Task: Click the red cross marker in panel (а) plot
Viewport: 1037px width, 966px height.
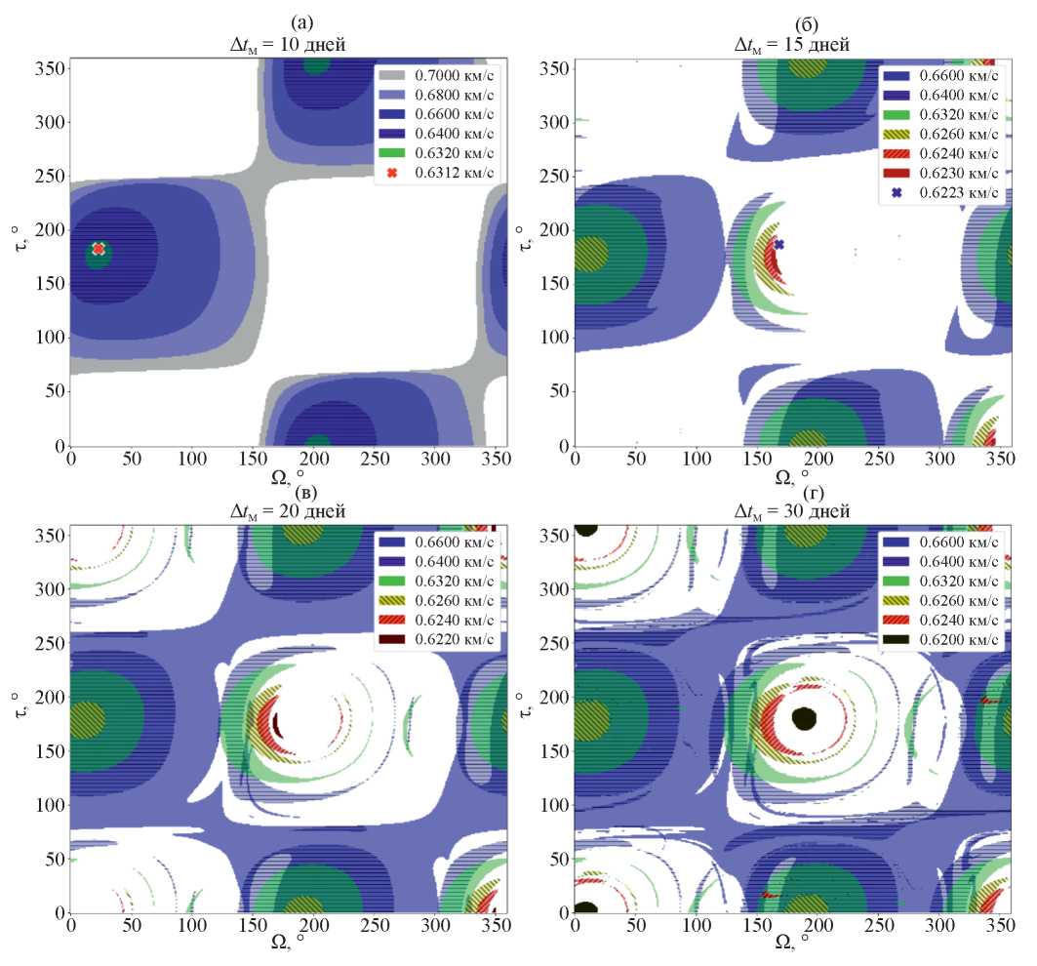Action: tap(99, 249)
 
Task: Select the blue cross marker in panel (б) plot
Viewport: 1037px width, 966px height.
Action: tap(778, 244)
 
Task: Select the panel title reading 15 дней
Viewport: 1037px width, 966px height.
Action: tap(793, 44)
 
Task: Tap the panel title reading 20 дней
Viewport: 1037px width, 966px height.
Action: tap(289, 510)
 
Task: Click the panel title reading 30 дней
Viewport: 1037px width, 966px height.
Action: tap(793, 510)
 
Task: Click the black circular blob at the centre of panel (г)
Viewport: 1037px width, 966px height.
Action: tap(804, 719)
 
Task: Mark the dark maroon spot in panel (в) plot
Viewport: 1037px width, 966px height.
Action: tap(276, 725)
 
